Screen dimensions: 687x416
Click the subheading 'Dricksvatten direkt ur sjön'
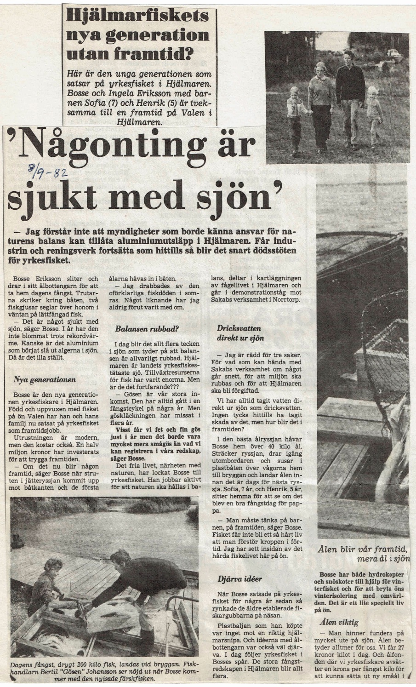[x=239, y=333]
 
